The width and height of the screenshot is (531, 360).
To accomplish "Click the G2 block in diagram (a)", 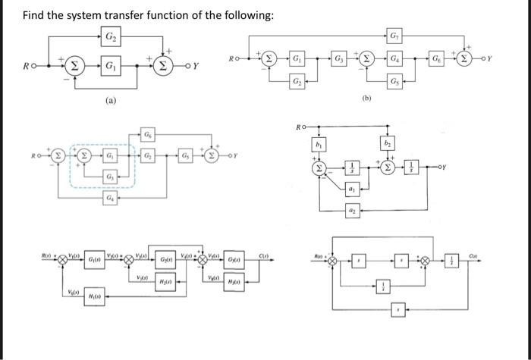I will (111, 36).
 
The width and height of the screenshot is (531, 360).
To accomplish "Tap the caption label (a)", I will (111, 100).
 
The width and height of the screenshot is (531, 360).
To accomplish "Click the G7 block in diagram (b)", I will (393, 36).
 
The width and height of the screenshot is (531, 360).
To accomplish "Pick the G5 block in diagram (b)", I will (393, 82).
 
